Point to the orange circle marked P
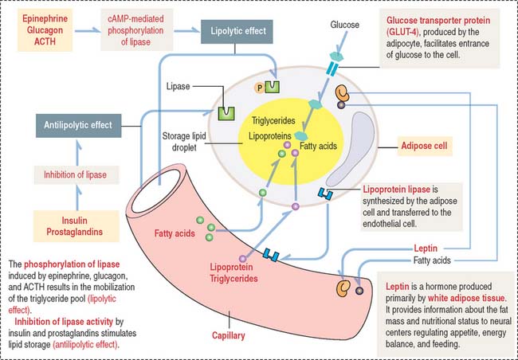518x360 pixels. point(259,85)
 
